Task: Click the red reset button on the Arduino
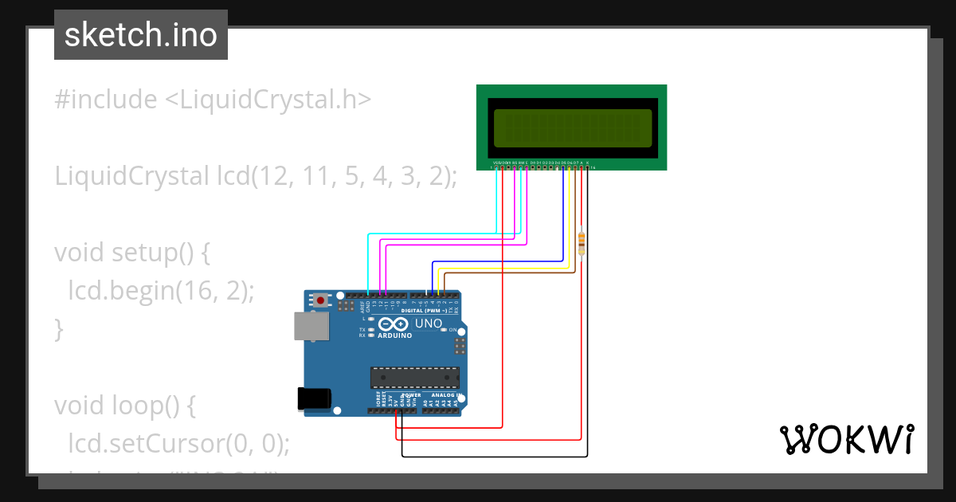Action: pyautogui.click(x=321, y=300)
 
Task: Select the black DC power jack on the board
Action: pyautogui.click(x=312, y=398)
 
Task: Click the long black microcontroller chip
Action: pyautogui.click(x=415, y=377)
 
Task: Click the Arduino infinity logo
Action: pyautogui.click(x=394, y=324)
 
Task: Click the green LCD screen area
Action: pyautogui.click(x=572, y=128)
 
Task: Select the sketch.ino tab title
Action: pyautogui.click(x=141, y=35)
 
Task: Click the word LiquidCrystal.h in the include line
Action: pyautogui.click(x=268, y=100)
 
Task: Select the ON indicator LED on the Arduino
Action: pyautogui.click(x=444, y=330)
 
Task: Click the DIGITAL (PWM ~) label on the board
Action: pyautogui.click(x=429, y=310)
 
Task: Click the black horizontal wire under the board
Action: pyautogui.click(x=494, y=457)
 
